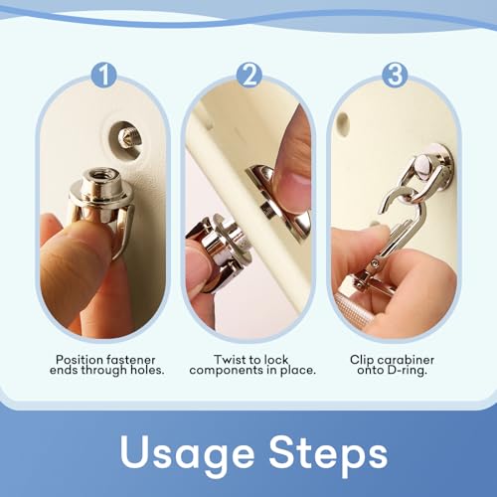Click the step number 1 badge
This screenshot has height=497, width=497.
pyautogui.click(x=103, y=76)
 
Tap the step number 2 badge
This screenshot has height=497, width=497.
pyautogui.click(x=249, y=76)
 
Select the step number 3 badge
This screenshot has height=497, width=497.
pyautogui.click(x=395, y=76)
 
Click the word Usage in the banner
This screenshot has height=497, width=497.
pyautogui.click(x=187, y=454)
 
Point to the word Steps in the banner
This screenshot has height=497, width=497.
pyautogui.click(x=328, y=454)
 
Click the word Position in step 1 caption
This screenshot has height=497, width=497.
pyautogui.click(x=80, y=360)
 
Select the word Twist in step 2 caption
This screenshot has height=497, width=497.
pyautogui.click(x=229, y=360)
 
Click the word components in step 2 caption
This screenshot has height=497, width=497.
pyautogui.click(x=227, y=371)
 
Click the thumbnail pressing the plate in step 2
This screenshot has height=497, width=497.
pyautogui.click(x=296, y=180)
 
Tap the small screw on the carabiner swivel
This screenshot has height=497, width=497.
pyautogui.click(x=375, y=262)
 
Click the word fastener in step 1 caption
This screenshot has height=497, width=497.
pyautogui.click(x=130, y=360)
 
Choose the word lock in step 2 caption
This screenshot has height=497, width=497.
pyautogui.click(x=276, y=360)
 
